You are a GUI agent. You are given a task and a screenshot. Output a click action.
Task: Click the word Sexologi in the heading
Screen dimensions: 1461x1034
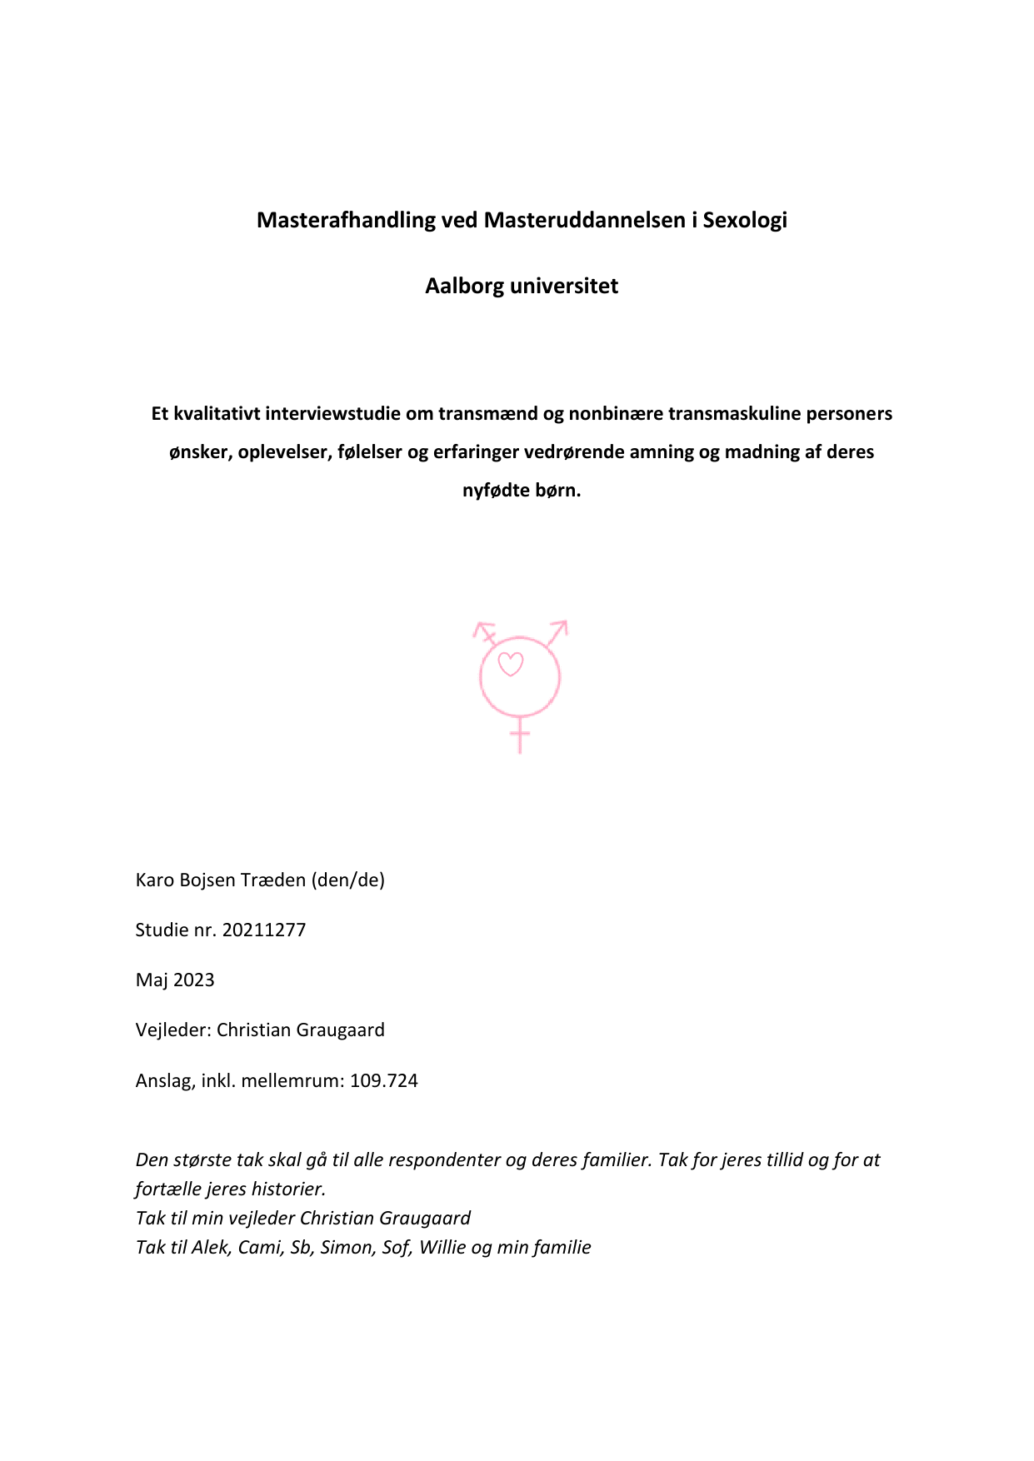click(745, 220)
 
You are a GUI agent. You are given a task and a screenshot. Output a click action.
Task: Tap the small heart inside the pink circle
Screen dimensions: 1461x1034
click(510, 664)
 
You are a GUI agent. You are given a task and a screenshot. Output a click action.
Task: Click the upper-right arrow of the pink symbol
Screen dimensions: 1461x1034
click(558, 631)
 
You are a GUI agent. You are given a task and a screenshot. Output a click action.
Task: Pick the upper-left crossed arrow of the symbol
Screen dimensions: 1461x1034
click(484, 631)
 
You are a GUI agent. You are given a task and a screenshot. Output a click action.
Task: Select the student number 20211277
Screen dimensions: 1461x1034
click(264, 930)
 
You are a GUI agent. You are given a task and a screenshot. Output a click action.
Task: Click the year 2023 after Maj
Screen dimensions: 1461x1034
click(194, 980)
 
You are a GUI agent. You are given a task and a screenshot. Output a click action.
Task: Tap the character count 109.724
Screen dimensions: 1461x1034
click(384, 1080)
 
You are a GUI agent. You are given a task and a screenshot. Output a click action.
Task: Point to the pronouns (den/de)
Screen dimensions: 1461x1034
click(348, 880)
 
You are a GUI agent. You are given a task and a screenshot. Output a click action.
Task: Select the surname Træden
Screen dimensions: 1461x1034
click(273, 880)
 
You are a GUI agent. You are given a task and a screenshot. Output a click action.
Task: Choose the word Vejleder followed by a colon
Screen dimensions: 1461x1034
click(172, 1030)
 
